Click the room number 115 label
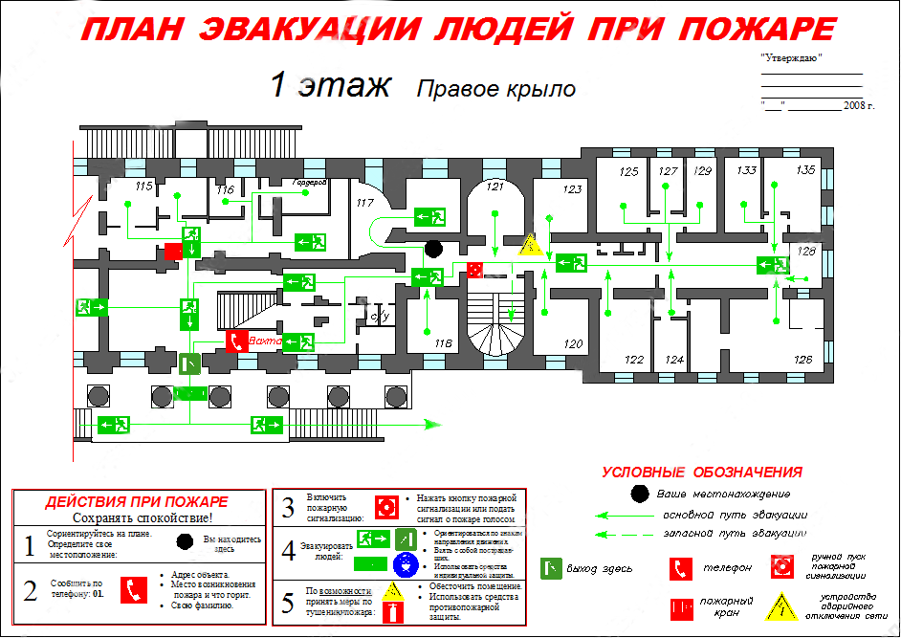[145, 185]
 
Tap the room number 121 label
[494, 186]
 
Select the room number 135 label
[805, 170]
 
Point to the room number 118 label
[442, 343]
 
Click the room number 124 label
[675, 361]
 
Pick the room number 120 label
[572, 343]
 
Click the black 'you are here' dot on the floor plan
[433, 249]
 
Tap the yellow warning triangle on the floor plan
[531, 245]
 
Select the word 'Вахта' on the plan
[264, 340]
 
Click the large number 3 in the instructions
[287, 508]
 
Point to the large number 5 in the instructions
[287, 605]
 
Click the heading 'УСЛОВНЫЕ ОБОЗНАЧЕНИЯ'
[701, 472]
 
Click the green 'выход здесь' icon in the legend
[551, 568]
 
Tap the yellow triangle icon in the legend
[784, 605]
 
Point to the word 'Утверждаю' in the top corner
[791, 58]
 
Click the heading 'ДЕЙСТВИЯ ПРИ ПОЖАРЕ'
[137, 501]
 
